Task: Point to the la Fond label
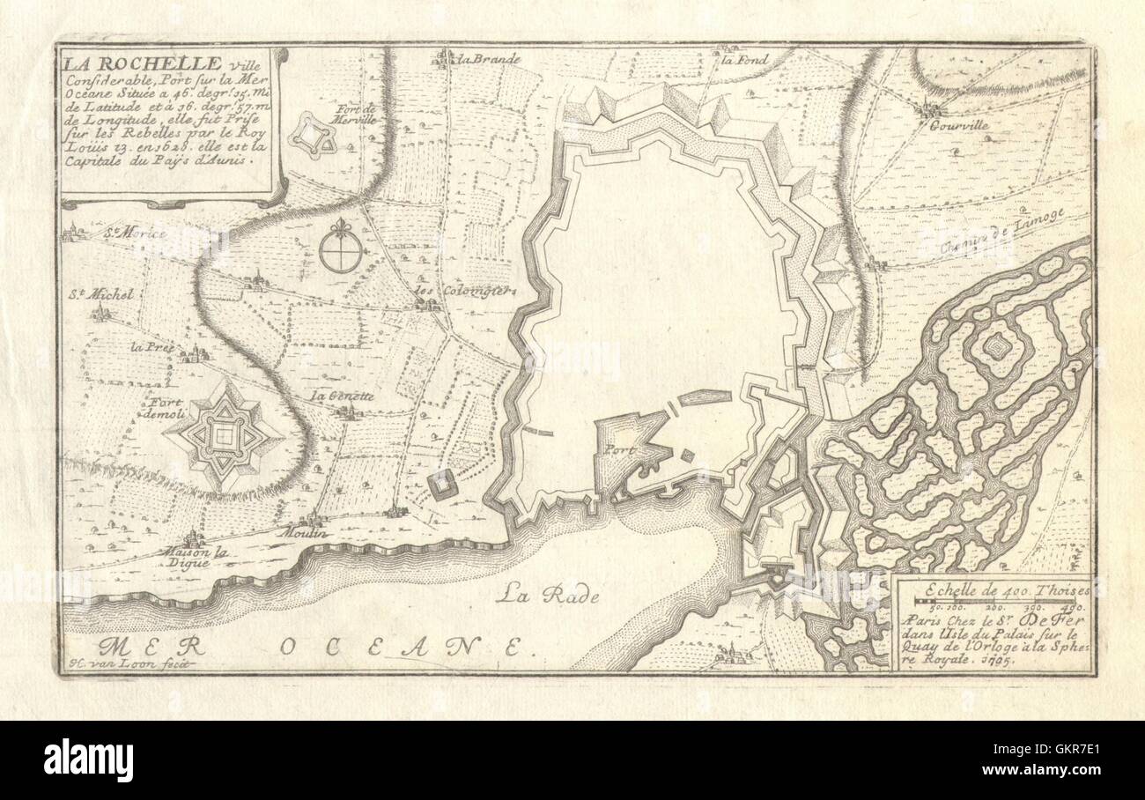pos(745,60)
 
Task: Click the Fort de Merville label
pos(356,115)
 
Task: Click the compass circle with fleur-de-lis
pos(340,250)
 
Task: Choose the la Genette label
pos(343,396)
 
